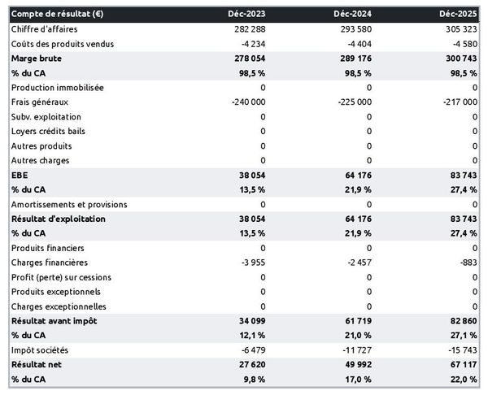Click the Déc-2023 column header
pyautogui.click(x=248, y=15)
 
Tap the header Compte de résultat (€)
pyautogui.click(x=56, y=15)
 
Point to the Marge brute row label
pyautogui.click(x=37, y=59)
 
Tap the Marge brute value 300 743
pyautogui.click(x=460, y=59)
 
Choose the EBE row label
pyautogui.click(x=20, y=176)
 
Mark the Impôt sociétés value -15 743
pyautogui.click(x=461, y=351)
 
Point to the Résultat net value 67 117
pyautogui.click(x=461, y=366)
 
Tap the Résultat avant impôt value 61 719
pyautogui.click(x=355, y=322)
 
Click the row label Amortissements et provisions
pyautogui.click(x=69, y=205)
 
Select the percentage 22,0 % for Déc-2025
pyautogui.click(x=462, y=380)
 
